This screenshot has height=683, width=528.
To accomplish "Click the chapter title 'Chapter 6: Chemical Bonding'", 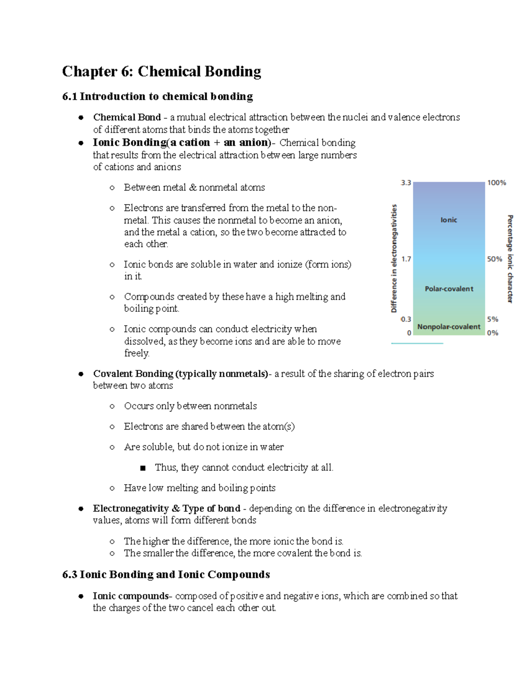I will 161,71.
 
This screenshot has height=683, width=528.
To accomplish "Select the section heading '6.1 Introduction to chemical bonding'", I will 158,96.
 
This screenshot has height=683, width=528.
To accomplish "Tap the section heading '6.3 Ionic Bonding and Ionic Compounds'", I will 166,574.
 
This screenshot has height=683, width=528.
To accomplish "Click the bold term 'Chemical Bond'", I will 127,117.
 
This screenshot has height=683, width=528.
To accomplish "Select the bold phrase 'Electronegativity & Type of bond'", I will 166,508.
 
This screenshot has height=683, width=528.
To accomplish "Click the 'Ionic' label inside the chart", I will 448,220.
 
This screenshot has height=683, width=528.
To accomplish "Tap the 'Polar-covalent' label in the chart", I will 449,289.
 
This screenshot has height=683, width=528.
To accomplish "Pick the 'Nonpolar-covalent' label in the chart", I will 449,327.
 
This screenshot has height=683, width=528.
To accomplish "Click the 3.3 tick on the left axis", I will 406,183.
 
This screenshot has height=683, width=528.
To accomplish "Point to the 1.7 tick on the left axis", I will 406,259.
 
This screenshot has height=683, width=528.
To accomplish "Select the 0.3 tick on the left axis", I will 406,319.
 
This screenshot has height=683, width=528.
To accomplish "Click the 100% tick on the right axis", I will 496,183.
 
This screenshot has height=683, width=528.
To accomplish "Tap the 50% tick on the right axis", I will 495,259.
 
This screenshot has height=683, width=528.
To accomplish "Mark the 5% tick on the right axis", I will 493,319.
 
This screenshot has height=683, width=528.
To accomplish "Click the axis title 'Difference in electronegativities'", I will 394,258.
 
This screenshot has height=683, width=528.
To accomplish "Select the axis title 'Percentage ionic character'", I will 510,259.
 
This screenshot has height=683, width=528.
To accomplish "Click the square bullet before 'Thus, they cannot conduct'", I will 143,468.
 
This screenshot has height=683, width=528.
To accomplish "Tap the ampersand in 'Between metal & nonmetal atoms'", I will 193,188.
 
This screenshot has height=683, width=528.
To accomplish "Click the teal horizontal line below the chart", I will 417,343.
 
